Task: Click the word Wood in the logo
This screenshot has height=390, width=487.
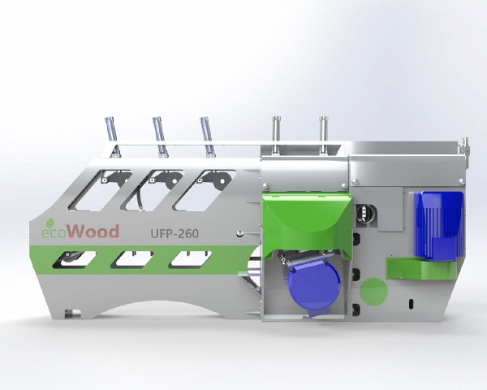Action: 93,232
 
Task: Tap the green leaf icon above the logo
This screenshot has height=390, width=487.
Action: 50,222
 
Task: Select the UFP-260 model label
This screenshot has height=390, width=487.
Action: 175,233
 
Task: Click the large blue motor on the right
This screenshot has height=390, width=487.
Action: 438,225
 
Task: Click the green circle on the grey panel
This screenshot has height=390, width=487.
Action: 373,292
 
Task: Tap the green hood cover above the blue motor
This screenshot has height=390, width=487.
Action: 308,222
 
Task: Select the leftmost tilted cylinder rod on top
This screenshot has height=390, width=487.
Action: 112,136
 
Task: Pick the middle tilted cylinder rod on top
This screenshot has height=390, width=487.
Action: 159,136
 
